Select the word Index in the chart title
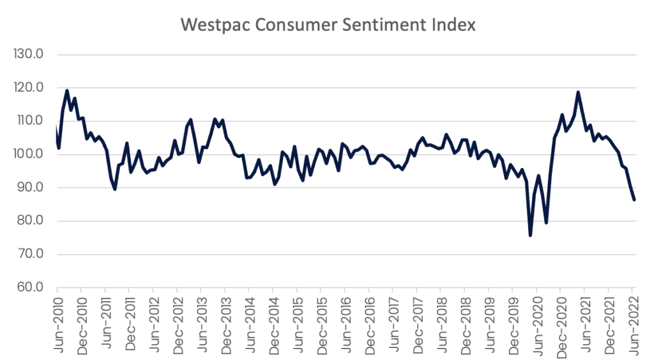pos(454,25)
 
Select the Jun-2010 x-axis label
pos(57,322)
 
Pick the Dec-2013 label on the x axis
pos(225,322)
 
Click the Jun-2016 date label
pos(344,322)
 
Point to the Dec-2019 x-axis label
pos(512,322)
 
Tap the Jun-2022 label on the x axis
pos(632,322)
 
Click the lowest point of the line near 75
pos(530,236)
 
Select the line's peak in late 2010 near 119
pos(67,91)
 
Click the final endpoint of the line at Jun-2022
pos(634,200)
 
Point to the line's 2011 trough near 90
pos(115,189)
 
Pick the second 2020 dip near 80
pos(546,222)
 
